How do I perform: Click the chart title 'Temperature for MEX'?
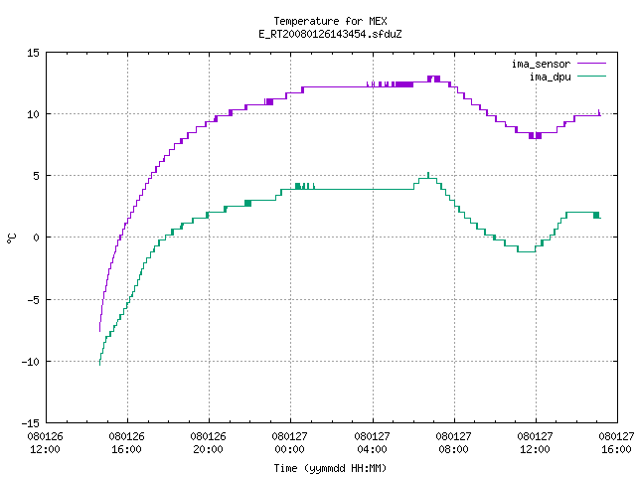[330, 21]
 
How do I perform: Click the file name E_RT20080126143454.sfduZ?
[330, 34]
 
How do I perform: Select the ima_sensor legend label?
[541, 64]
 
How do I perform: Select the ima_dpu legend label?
[550, 77]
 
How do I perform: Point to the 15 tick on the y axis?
[33, 53]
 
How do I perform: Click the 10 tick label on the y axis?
[33, 114]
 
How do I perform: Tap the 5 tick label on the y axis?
[36, 176]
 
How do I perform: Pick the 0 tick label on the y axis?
[36, 238]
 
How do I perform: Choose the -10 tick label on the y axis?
[31, 362]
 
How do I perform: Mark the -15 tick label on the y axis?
[31, 423]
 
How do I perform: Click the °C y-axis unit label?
[11, 238]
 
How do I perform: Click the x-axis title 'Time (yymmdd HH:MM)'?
[330, 468]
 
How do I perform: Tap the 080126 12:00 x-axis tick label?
[45, 443]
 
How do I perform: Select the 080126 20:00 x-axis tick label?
[208, 443]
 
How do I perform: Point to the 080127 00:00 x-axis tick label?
[289, 443]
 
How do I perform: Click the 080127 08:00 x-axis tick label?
[453, 443]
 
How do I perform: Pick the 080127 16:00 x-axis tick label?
[616, 443]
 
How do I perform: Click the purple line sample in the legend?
[591, 64]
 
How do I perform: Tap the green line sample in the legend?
[591, 77]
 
